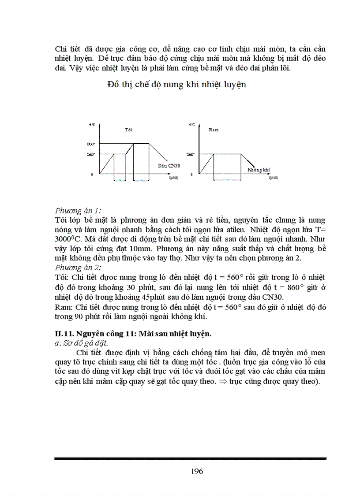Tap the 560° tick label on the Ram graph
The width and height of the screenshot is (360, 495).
pyautogui.click(x=190, y=154)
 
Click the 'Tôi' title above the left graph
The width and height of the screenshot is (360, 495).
pyautogui.click(x=128, y=130)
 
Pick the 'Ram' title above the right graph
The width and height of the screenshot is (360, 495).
pyautogui.click(x=214, y=130)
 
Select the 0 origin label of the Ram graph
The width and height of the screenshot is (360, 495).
pyautogui.click(x=191, y=175)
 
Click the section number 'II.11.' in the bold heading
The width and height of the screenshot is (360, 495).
pyautogui.click(x=64, y=334)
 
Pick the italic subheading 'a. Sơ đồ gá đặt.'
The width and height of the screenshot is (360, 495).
pyautogui.click(x=82, y=342)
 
